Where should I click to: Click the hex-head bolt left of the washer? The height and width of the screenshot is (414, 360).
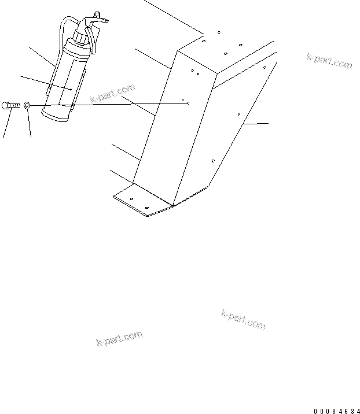[x=12, y=105]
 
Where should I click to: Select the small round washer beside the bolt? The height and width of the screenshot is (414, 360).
[x=28, y=106]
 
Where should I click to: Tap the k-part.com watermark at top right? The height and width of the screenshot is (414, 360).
[x=328, y=61]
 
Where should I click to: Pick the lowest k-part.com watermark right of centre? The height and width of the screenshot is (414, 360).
[x=243, y=319]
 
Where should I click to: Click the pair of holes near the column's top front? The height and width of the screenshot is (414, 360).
[x=195, y=73]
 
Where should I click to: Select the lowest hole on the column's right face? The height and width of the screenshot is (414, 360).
[x=213, y=160]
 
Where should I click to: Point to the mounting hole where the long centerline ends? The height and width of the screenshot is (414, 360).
[x=188, y=103]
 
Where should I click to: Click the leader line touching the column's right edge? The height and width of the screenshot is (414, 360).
[x=255, y=124]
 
